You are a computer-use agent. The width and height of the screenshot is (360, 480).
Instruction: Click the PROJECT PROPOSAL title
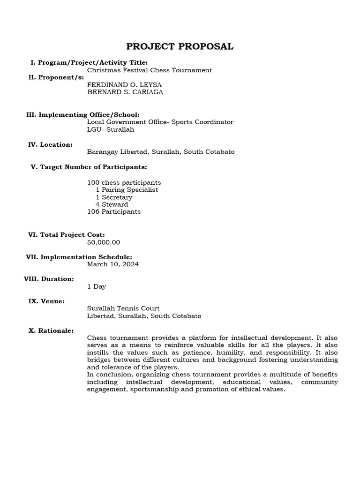[x=180, y=46]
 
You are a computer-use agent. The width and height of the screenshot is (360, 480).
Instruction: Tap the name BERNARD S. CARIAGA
[x=125, y=92]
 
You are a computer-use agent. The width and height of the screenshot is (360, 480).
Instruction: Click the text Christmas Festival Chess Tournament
[x=150, y=70]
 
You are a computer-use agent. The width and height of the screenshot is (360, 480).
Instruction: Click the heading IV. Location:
[x=50, y=144]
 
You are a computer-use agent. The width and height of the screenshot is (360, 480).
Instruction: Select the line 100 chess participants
[x=124, y=182]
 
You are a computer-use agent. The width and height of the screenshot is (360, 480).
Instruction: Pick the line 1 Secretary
[x=114, y=197]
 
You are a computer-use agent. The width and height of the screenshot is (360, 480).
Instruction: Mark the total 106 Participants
[x=114, y=212]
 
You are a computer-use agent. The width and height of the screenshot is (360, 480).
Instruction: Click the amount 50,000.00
[x=104, y=242]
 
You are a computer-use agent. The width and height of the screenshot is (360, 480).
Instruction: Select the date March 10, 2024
[x=113, y=264]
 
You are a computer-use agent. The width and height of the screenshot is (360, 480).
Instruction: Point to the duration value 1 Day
[x=97, y=286]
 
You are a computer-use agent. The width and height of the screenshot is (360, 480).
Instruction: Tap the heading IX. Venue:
[x=46, y=301]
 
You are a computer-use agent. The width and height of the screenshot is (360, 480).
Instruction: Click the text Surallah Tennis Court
[x=123, y=308]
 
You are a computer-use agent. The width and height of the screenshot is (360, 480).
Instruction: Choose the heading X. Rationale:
[x=51, y=330]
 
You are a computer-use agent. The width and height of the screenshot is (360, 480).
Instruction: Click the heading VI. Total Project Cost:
[x=66, y=235]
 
